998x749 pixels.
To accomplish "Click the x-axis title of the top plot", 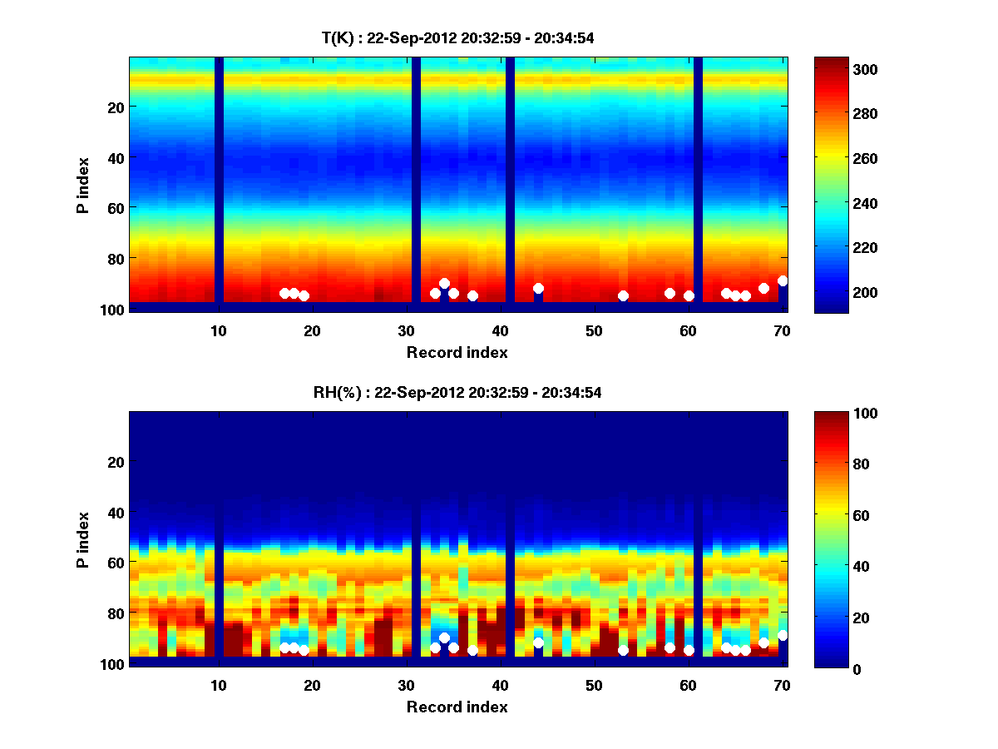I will (x=457, y=352).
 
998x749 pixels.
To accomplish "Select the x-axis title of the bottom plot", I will (x=457, y=707).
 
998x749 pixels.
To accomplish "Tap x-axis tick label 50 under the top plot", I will (x=594, y=330).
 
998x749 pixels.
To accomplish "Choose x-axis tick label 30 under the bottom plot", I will (x=406, y=685).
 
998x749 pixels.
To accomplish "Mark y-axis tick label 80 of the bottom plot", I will (x=115, y=613).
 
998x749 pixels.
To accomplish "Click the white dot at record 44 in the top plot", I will (x=538, y=288).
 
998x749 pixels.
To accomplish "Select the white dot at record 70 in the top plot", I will (x=783, y=280).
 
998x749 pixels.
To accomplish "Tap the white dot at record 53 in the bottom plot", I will (x=623, y=651).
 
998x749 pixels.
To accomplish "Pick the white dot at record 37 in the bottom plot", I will (x=472, y=651).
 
